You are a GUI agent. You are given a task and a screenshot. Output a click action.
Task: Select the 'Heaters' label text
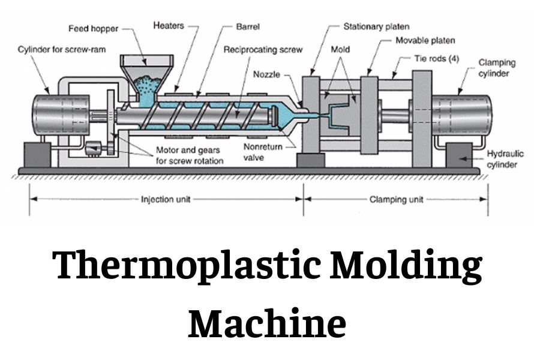[x=169, y=26]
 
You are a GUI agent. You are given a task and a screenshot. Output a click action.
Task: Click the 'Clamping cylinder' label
[x=494, y=68]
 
